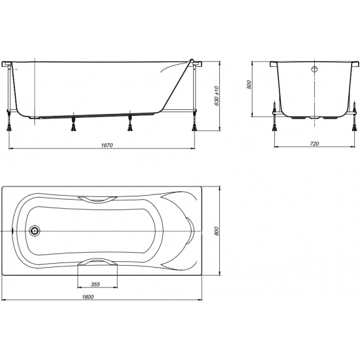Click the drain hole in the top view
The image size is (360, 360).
[x=35, y=231]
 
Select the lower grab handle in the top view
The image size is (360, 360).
[x=98, y=262]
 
